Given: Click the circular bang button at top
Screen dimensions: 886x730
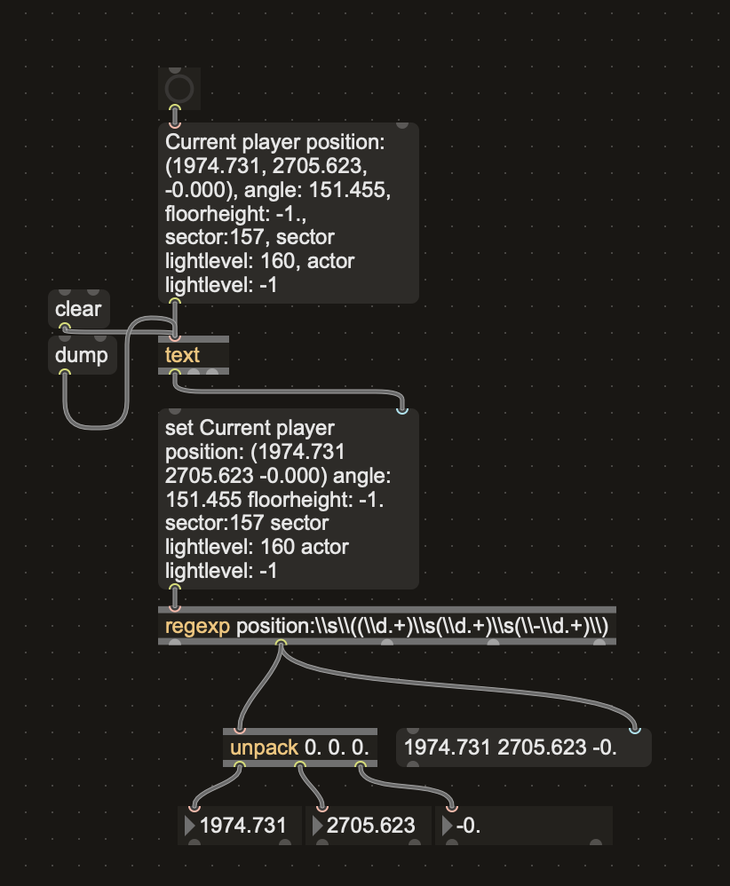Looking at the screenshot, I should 179,88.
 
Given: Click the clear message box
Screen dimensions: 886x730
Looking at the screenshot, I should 78,310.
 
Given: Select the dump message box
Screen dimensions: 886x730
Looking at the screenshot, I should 81,355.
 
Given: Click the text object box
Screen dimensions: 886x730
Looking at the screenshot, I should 193,355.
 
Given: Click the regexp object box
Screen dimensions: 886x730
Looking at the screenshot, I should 386,627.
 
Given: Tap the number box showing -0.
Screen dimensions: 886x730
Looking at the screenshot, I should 524,826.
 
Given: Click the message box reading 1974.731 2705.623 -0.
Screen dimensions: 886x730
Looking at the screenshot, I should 523,748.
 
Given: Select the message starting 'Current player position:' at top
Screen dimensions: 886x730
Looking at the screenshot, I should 288,213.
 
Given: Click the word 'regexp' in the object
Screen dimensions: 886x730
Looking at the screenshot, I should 197,627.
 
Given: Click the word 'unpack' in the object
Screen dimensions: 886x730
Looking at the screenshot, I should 264,748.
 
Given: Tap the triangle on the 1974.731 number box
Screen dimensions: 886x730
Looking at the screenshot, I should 189,826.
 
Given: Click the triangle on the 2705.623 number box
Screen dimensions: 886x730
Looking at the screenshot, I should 317,826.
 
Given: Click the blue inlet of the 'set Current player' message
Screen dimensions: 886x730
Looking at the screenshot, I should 402,410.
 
